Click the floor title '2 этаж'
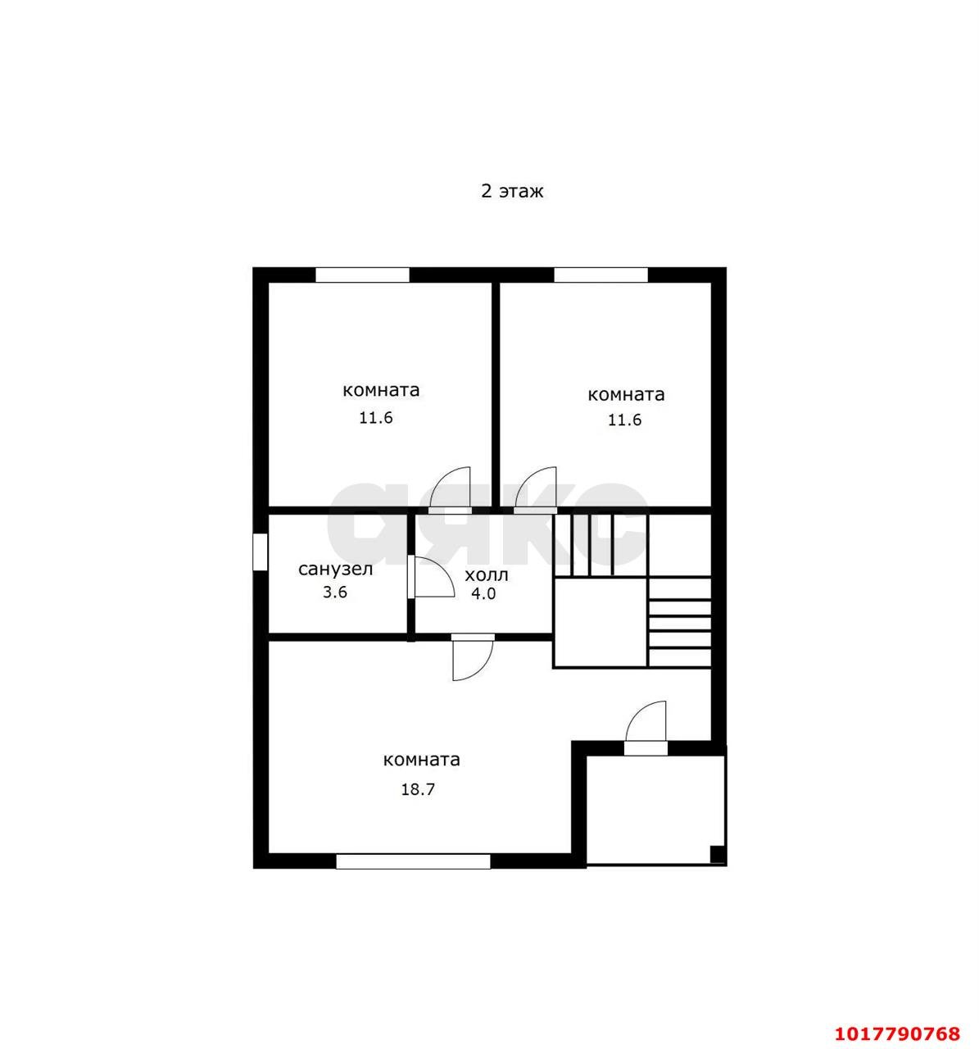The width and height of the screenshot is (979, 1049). [511, 191]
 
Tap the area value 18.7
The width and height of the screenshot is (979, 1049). [417, 789]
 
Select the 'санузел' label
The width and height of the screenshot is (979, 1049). [335, 570]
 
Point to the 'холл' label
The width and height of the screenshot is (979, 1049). [486, 574]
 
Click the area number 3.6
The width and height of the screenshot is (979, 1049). [335, 592]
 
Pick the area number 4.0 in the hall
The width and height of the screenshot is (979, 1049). [483, 593]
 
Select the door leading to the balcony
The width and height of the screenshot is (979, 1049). [646, 725]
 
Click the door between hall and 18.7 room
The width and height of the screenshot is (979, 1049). [473, 657]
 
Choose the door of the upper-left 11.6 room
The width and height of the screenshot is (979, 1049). [450, 489]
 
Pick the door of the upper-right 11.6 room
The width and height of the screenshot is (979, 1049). [536, 489]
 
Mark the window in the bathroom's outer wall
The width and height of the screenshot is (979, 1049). [260, 552]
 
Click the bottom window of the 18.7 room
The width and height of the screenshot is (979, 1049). [414, 861]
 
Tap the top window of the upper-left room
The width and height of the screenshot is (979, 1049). [363, 275]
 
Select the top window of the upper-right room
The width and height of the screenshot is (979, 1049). [601, 275]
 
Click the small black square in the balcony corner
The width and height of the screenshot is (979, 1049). [717, 854]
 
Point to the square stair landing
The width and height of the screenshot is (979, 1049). [601, 622]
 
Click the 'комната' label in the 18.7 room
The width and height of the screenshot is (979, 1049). [421, 760]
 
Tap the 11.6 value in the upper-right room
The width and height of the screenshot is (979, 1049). [625, 420]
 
